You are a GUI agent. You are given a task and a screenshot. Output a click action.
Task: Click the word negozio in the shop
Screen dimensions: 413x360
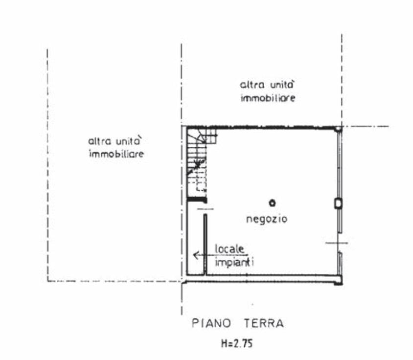pos(267,219)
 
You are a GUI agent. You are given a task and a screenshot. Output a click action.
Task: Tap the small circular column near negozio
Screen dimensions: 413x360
pos(272,203)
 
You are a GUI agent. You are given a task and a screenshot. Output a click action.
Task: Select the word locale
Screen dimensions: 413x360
pos(229,249)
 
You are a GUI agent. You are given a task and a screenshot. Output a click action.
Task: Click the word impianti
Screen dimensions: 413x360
pos(234,262)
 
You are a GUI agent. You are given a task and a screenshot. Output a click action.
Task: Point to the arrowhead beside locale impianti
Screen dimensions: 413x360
pos(196,255)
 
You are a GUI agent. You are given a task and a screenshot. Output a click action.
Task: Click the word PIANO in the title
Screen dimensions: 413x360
pos(211,323)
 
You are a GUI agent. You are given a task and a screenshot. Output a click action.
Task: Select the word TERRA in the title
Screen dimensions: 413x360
pos(264,323)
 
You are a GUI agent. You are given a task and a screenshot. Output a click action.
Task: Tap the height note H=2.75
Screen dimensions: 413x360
pos(237,343)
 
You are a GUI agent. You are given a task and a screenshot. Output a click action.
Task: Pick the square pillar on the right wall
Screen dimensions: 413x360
pos(339,203)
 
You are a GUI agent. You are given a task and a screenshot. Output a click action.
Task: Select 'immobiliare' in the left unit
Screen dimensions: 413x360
pos(116,154)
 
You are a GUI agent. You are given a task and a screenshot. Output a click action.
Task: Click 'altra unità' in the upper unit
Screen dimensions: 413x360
pos(267,85)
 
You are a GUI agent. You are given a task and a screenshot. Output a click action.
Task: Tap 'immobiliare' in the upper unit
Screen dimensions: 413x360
pos(268,98)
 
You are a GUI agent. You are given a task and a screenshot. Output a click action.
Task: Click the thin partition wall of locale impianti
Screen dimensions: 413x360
pos(205,245)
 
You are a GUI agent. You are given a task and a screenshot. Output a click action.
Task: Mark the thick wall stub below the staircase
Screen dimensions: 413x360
pos(197,200)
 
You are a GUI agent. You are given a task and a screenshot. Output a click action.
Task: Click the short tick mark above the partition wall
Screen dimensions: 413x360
pos(205,209)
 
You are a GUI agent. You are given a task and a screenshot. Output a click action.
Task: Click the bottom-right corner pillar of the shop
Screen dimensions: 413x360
pos(339,281)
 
